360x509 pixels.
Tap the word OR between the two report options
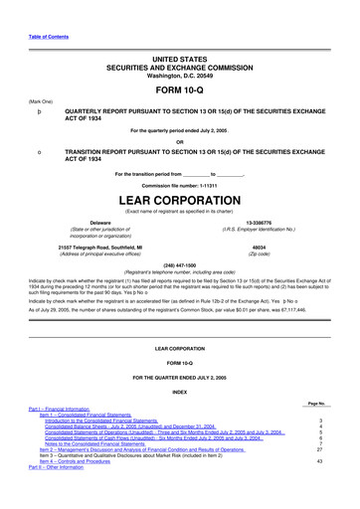[180, 140]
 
